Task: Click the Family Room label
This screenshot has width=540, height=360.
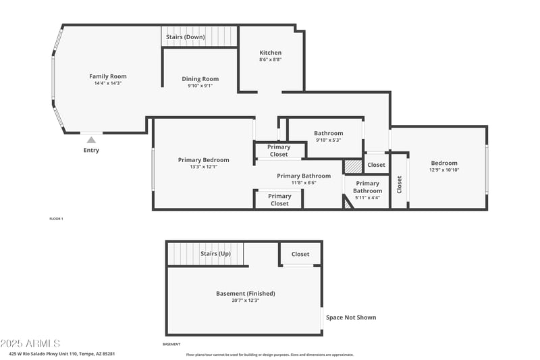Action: pyautogui.click(x=108, y=76)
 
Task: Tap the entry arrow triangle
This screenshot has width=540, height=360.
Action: pyautogui.click(x=90, y=140)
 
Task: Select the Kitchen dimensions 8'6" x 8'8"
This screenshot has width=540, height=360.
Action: pyautogui.click(x=270, y=60)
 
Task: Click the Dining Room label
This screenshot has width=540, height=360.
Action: pyautogui.click(x=200, y=79)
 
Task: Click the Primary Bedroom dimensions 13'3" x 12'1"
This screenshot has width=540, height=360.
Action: pyautogui.click(x=203, y=167)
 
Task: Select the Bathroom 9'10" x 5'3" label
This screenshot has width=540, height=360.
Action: pyautogui.click(x=329, y=133)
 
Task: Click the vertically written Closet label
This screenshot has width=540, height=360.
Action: pyautogui.click(x=400, y=184)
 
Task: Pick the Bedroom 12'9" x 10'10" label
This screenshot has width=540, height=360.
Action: pyautogui.click(x=444, y=163)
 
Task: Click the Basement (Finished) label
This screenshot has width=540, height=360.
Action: pyautogui.click(x=245, y=293)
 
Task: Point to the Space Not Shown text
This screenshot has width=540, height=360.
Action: pyautogui.click(x=351, y=317)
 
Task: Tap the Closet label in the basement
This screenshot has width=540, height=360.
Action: pyautogui.click(x=300, y=254)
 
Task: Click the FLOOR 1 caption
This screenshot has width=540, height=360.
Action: pyautogui.click(x=56, y=219)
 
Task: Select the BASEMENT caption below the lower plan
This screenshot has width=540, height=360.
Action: pyautogui.click(x=171, y=344)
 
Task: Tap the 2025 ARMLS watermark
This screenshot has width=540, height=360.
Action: pyautogui.click(x=30, y=344)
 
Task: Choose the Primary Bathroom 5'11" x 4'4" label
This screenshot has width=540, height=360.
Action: pyautogui.click(x=367, y=187)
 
